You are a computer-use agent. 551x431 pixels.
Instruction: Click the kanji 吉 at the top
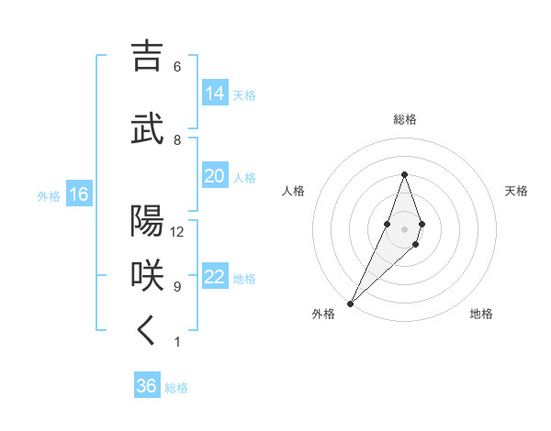(148, 57)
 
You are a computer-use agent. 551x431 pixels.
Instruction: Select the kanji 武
(148, 129)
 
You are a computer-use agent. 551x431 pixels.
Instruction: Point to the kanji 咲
(148, 276)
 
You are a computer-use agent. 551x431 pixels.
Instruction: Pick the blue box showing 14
(215, 93)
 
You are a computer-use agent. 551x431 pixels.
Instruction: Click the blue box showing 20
(215, 176)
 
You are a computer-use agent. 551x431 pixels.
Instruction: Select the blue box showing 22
(215, 277)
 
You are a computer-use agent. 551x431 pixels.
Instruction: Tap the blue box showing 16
(79, 194)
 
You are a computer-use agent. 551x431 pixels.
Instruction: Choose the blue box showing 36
(147, 386)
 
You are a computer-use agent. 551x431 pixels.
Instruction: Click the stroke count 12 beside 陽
(177, 231)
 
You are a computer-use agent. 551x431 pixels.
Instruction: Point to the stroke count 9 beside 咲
(177, 286)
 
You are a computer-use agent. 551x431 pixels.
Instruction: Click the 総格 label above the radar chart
(405, 119)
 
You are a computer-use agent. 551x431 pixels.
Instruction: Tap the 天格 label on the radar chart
(517, 191)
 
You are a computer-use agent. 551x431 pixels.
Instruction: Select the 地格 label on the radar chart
(481, 314)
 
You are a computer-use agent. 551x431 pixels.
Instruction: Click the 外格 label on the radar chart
(323, 314)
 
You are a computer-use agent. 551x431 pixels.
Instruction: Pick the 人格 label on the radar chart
(293, 191)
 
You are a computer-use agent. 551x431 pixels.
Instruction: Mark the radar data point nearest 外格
(350, 302)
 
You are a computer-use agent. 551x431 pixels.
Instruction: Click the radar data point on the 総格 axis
(405, 174)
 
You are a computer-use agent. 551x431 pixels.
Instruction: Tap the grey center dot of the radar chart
(405, 228)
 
